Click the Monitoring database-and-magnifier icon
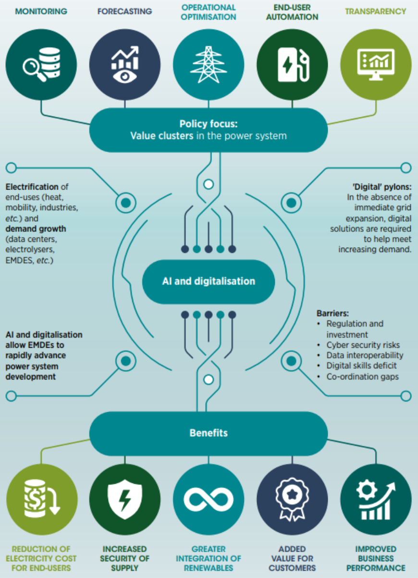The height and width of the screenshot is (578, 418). pos(41,64)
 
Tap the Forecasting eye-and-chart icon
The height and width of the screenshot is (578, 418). pos(125,64)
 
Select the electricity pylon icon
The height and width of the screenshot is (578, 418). pos(209,64)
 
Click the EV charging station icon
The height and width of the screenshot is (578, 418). pos(292,64)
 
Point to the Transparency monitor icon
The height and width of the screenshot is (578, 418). pos(376,64)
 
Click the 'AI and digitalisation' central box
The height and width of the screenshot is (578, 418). pos(209,281)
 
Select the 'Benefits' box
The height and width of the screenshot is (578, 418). pos(209,433)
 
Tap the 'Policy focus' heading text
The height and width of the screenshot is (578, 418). pos(208,124)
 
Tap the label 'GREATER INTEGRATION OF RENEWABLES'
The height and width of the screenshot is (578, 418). pos(209,558)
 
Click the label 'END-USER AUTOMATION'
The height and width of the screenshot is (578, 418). pos(292,13)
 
